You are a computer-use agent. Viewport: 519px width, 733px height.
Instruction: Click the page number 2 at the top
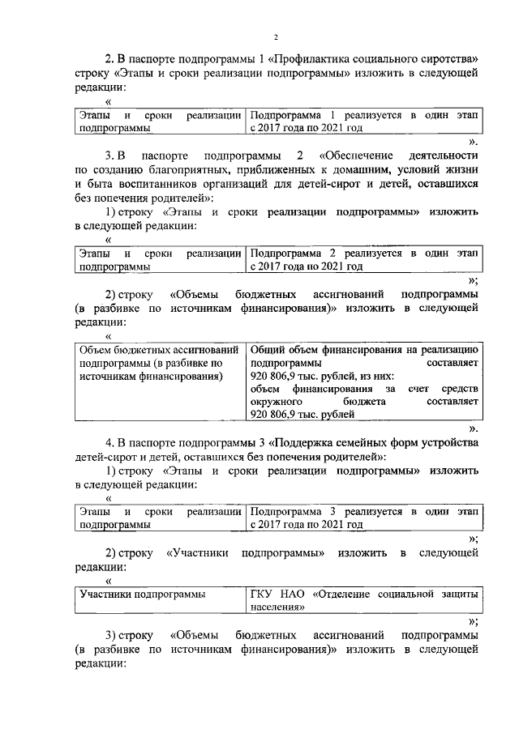pyautogui.click(x=276, y=38)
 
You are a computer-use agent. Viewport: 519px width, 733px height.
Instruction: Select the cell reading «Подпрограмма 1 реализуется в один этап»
pyautogui.click(x=364, y=121)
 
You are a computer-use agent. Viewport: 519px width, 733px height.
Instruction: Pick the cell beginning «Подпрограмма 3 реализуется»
pyautogui.click(x=364, y=518)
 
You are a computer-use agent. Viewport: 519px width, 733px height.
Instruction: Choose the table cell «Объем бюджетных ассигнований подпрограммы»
pyautogui.click(x=159, y=364)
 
